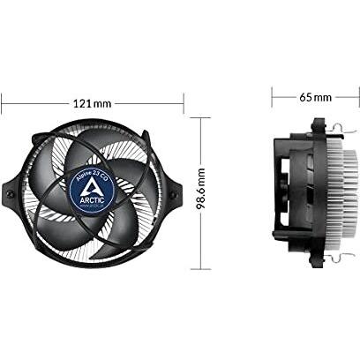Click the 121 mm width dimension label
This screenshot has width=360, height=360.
click(93, 103)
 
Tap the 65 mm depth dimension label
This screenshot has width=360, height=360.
click(316, 96)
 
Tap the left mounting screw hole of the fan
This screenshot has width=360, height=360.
click(9, 191)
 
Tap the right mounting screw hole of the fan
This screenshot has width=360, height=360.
click(176, 192)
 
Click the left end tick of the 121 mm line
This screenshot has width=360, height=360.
click(2, 103)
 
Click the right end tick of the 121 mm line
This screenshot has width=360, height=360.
click(184, 103)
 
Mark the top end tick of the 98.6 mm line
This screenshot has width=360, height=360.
click(202, 118)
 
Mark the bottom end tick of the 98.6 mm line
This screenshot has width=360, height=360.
click(202, 266)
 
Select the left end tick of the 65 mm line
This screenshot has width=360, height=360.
click(272, 96)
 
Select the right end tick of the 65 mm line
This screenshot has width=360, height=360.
click(356, 96)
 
